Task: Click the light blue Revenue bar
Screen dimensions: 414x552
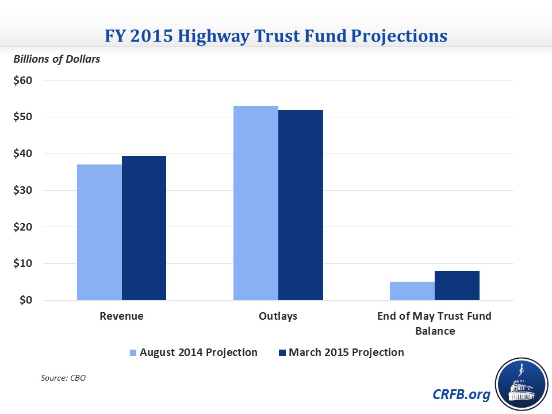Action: click(99, 232)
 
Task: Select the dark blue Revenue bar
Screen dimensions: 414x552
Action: click(144, 228)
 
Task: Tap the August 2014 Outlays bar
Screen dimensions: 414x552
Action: click(256, 203)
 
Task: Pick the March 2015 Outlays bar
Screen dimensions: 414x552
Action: click(300, 205)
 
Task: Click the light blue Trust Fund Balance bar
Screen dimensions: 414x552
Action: click(412, 291)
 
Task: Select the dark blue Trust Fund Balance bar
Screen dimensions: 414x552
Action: click(457, 285)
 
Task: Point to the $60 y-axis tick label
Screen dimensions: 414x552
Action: click(22, 80)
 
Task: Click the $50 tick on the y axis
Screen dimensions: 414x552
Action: click(22, 117)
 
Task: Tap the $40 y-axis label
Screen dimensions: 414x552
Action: click(22, 154)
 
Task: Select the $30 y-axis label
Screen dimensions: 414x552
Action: click(22, 190)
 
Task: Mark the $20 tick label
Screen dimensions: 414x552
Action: click(22, 227)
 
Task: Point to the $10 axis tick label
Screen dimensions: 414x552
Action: click(22, 264)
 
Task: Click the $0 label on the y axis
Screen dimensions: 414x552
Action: click(25, 300)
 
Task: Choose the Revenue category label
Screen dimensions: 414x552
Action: click(121, 316)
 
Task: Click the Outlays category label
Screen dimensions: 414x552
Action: click(278, 316)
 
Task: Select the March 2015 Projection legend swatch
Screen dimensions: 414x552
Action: click(282, 352)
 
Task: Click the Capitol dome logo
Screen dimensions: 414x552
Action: click(520, 384)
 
